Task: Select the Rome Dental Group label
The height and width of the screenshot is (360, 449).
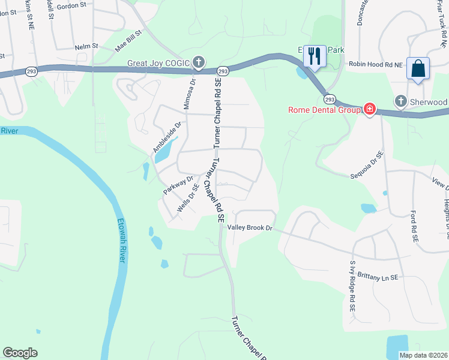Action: click(x=323, y=110)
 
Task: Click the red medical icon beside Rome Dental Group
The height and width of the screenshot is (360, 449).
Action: click(x=370, y=109)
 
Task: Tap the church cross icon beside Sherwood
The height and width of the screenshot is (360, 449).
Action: click(x=401, y=101)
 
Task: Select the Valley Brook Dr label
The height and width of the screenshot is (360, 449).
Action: click(x=250, y=228)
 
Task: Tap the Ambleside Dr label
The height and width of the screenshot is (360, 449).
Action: click(x=167, y=137)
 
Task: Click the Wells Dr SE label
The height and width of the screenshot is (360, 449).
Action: click(x=188, y=199)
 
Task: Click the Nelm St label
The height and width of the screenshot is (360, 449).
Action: click(x=86, y=47)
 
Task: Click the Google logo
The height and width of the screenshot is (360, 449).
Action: click(x=20, y=353)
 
